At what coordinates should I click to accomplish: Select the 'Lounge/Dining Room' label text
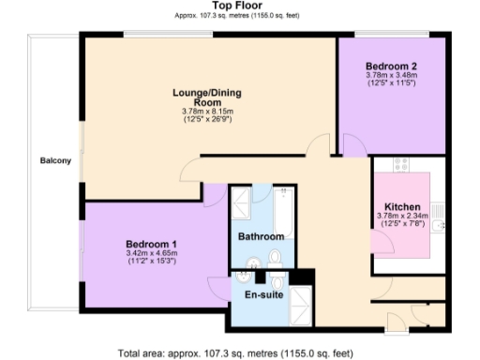(x=209, y=98)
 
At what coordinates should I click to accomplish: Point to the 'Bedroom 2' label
(x=391, y=66)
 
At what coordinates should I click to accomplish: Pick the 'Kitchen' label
(x=402, y=206)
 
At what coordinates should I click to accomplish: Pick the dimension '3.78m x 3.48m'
(x=391, y=76)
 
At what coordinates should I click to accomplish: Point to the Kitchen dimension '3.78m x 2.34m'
(x=402, y=216)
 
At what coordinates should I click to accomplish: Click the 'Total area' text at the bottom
(x=236, y=353)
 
